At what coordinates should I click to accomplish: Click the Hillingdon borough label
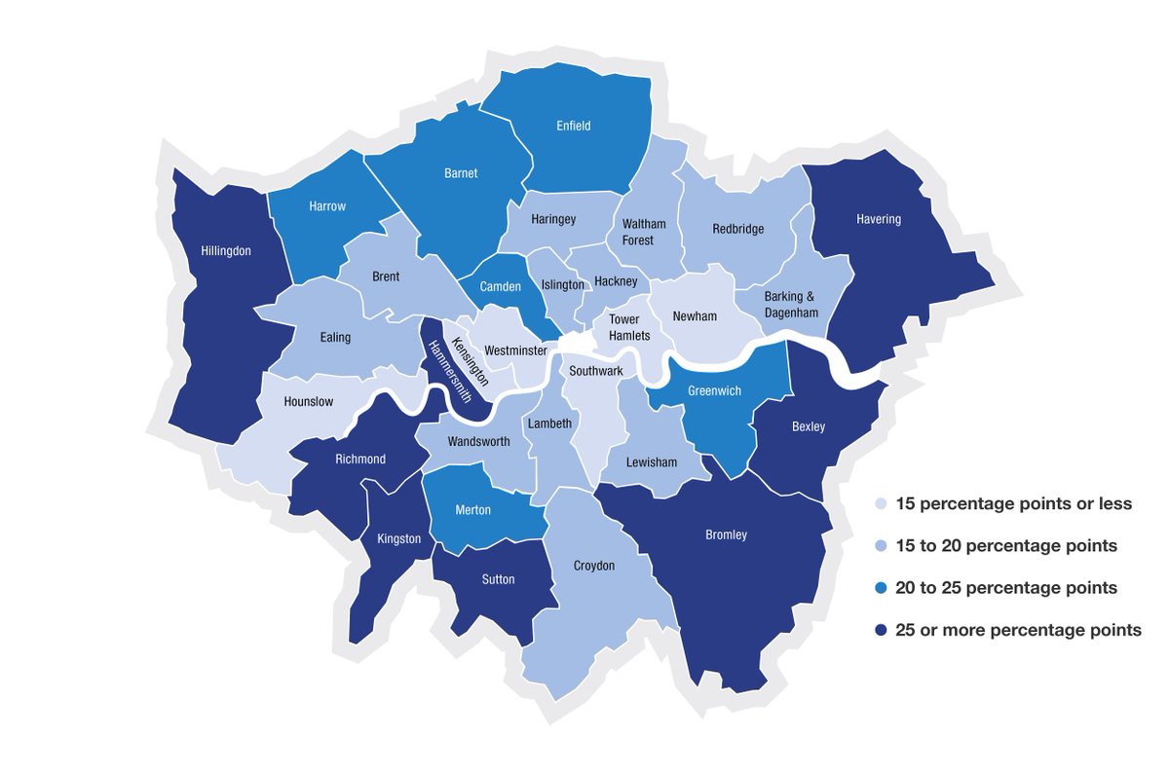(226, 251)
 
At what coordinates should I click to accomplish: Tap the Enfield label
(574, 126)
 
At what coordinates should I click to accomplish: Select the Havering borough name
(879, 219)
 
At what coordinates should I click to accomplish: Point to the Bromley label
(726, 534)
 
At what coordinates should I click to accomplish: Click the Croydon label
(594, 566)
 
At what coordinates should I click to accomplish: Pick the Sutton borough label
(498, 579)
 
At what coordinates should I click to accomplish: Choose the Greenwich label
(714, 390)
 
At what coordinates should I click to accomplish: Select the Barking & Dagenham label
(791, 305)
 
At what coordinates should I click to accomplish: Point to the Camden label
(500, 286)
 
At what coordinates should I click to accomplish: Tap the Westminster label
(515, 350)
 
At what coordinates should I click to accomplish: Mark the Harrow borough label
(327, 206)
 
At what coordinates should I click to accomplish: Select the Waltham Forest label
(639, 232)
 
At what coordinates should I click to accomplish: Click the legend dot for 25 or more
(881, 631)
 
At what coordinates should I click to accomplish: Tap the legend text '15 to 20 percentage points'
(1005, 546)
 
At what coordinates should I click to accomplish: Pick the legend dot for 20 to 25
(881, 589)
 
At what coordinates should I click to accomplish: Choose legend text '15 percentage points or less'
(1013, 504)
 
